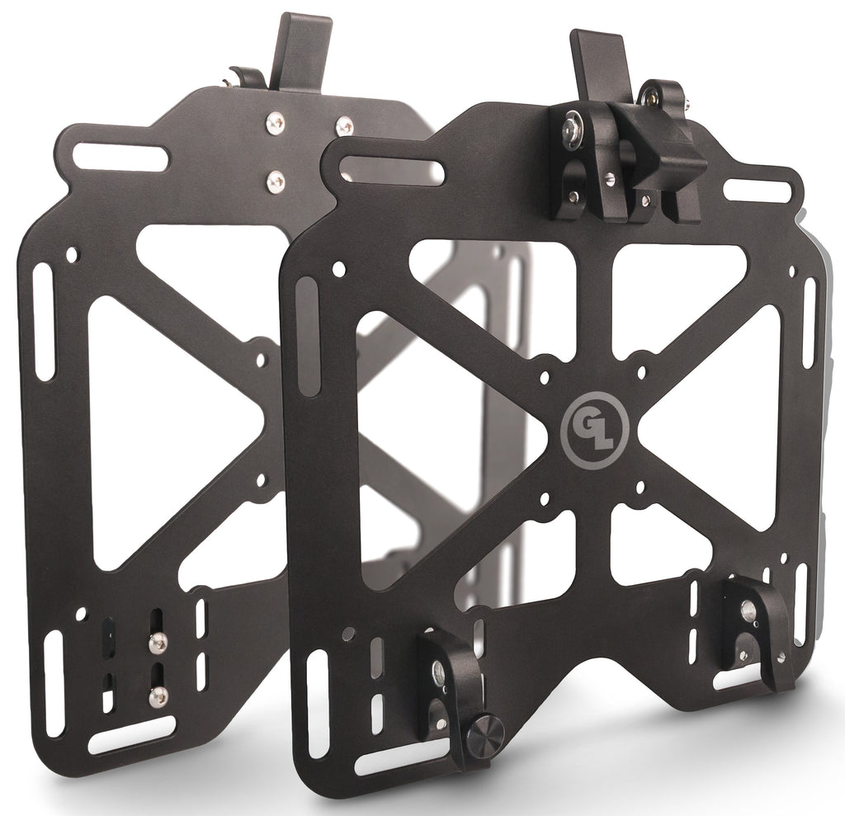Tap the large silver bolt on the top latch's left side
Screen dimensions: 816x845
point(571,131)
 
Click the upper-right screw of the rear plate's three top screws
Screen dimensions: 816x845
point(344,126)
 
